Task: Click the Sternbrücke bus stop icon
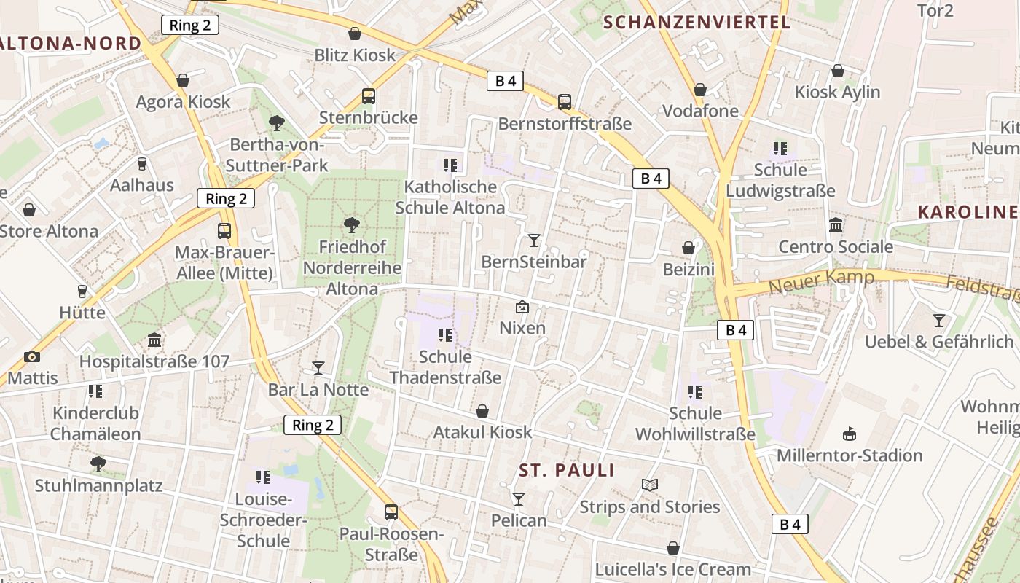tap(369, 96)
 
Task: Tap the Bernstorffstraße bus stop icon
tap(565, 102)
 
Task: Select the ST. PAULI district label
tap(567, 470)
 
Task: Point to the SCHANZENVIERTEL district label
tap(697, 22)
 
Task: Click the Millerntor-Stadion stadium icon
tap(849, 434)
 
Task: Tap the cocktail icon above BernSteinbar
tap(534, 240)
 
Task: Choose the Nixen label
tap(522, 328)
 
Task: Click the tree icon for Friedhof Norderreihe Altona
tap(352, 224)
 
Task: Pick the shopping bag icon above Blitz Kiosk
tap(355, 34)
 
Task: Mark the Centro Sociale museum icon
tap(836, 225)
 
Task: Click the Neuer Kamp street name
tap(821, 281)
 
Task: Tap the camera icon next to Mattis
tap(31, 356)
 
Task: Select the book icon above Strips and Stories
tap(649, 485)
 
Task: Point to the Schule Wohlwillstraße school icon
tap(695, 392)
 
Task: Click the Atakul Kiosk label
tap(482, 432)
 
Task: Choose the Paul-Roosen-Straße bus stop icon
tap(391, 512)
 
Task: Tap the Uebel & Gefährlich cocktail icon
tap(939, 320)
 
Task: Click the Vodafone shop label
tap(700, 111)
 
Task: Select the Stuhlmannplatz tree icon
tap(98, 463)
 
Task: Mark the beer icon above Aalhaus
tap(142, 164)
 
